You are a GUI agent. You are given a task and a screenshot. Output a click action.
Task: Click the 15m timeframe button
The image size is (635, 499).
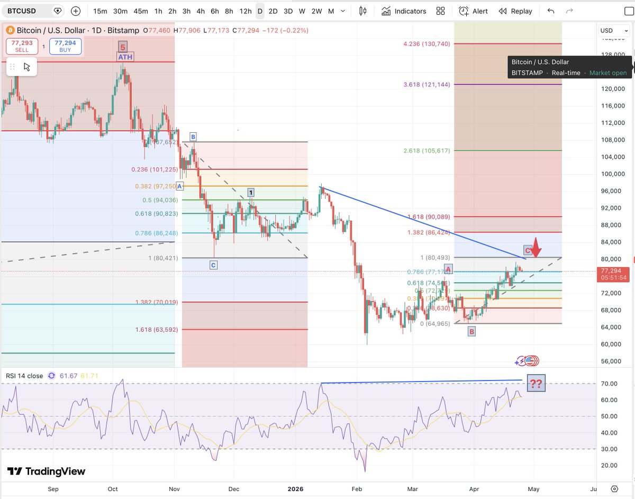100,11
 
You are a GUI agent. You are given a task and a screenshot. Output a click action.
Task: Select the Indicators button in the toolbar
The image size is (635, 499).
404,11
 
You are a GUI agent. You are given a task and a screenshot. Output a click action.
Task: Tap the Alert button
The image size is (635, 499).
474,11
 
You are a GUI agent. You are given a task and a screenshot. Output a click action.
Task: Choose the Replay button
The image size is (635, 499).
515,11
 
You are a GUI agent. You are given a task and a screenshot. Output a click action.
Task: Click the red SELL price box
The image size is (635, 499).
22,46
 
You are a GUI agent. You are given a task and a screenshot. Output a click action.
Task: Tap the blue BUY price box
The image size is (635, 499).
66,46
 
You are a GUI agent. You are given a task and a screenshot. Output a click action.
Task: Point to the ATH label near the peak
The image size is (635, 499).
125,57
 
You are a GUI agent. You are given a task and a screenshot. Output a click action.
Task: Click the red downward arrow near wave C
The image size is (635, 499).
536,248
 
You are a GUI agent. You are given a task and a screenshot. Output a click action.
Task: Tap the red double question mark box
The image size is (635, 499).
536,384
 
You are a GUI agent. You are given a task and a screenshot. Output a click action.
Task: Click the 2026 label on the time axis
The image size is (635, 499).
296,489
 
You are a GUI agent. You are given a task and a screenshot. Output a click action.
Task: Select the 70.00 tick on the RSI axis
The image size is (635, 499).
611,384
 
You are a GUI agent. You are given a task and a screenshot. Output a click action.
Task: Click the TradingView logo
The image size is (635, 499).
47,471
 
